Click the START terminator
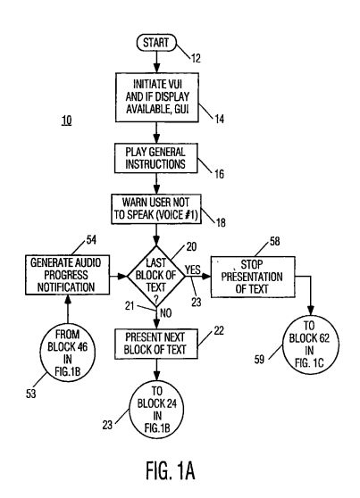[x=156, y=43]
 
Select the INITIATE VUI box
[x=157, y=97]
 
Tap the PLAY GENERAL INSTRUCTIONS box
[x=155, y=158]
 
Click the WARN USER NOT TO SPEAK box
[x=156, y=209]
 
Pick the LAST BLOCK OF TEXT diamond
[x=156, y=276]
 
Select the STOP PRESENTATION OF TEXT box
[x=253, y=277]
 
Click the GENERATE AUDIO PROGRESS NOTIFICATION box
[x=67, y=275]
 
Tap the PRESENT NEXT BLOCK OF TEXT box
[x=155, y=344]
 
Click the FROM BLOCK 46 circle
[x=67, y=353]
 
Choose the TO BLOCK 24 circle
[x=157, y=410]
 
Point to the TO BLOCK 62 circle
[x=310, y=344]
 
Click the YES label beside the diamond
[x=193, y=270]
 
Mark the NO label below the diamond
[x=165, y=313]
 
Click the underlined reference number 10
[x=66, y=120]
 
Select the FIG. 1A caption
[x=170, y=470]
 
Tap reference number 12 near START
[x=196, y=58]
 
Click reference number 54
[x=91, y=240]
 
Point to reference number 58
[x=275, y=241]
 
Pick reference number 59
[x=259, y=360]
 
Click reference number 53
[x=31, y=394]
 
